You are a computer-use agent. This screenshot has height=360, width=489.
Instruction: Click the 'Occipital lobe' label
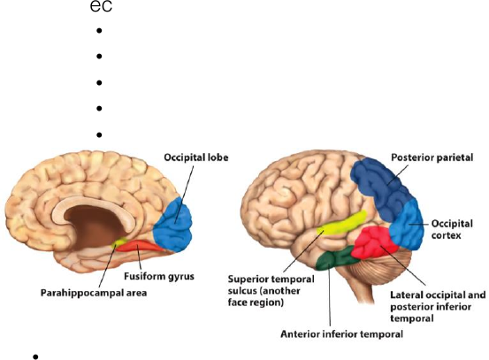(196, 157)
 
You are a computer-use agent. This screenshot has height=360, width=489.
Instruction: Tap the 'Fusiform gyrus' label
(159, 276)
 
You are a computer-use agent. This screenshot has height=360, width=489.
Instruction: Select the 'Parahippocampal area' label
(94, 293)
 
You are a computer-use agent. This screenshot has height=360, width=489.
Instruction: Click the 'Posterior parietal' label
(432, 157)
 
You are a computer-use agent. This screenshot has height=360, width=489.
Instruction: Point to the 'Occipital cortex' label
(452, 229)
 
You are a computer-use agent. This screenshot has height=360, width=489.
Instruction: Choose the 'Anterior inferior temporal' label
(342, 334)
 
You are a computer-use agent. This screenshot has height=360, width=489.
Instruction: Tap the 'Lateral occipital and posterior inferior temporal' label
(438, 306)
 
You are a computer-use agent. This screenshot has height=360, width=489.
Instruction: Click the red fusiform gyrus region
(141, 246)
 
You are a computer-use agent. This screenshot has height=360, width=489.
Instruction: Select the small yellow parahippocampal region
(119, 242)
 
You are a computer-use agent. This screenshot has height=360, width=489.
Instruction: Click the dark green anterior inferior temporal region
(334, 258)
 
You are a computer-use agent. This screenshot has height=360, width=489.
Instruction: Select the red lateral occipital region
(374, 242)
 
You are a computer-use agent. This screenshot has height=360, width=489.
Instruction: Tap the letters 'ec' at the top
(101, 7)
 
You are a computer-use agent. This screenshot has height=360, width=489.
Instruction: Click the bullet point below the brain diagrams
(35, 356)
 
